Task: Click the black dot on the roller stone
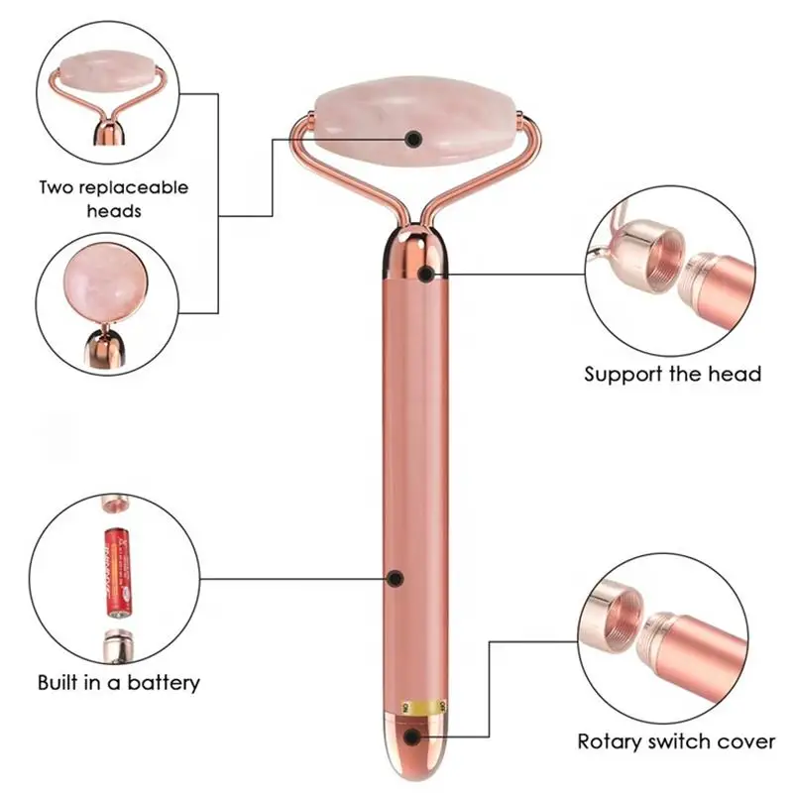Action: pos(413,139)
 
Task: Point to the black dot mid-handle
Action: pos(395,577)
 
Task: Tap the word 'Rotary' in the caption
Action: pos(609,740)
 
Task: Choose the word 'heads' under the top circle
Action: pos(113,210)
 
